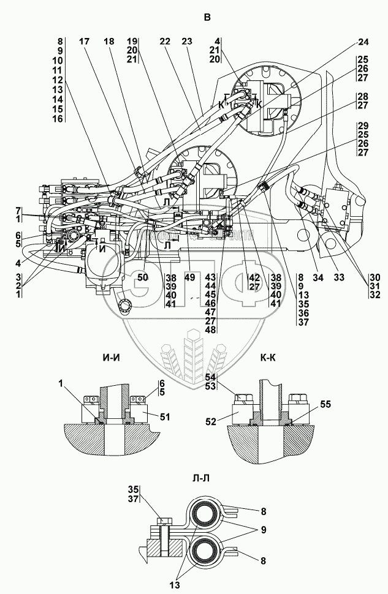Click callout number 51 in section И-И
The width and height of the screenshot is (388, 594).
pos(165,418)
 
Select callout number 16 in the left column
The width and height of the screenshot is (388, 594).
pos(58,118)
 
